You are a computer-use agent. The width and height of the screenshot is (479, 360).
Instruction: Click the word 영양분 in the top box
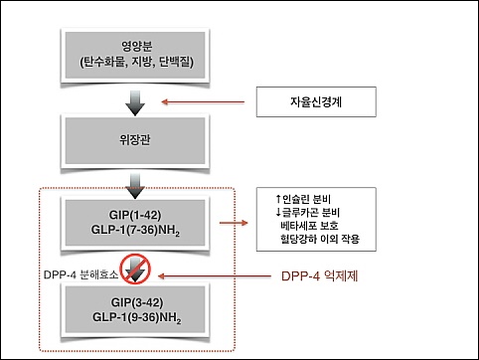pos(136,47)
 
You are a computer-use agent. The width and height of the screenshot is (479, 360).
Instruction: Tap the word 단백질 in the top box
pos(176,62)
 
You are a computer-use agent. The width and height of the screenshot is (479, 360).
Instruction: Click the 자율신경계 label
pos(316,101)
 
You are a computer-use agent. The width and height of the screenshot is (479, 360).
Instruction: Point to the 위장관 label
pos(135,140)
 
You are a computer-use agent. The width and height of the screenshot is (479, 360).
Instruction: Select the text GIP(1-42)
pos(135,215)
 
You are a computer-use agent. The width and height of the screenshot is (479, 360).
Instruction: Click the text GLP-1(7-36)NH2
pos(135,230)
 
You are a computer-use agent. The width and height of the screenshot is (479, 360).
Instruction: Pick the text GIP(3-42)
pos(137,302)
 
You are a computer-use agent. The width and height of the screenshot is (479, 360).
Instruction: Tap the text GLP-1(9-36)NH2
pos(137,317)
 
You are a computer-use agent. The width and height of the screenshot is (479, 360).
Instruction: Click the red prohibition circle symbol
pos(135,270)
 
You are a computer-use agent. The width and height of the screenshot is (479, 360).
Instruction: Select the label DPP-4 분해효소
pos(80,274)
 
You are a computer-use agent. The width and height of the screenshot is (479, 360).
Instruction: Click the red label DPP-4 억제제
pos(320,275)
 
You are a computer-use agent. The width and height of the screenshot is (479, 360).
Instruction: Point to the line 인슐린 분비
pos(303,199)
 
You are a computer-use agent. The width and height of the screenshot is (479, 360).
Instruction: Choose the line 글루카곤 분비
pos(308,213)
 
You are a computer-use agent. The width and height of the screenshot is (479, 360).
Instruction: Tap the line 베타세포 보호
pos(309,226)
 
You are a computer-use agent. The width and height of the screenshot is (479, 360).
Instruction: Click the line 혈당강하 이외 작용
pos(320,239)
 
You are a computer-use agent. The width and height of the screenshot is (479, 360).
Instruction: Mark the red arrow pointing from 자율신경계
pos(203,102)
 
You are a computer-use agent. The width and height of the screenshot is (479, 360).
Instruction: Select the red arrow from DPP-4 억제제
pos(215,275)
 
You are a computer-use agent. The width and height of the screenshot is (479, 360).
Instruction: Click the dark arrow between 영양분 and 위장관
pos(135,103)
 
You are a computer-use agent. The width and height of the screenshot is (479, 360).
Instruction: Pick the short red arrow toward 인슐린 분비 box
pos(234,223)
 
